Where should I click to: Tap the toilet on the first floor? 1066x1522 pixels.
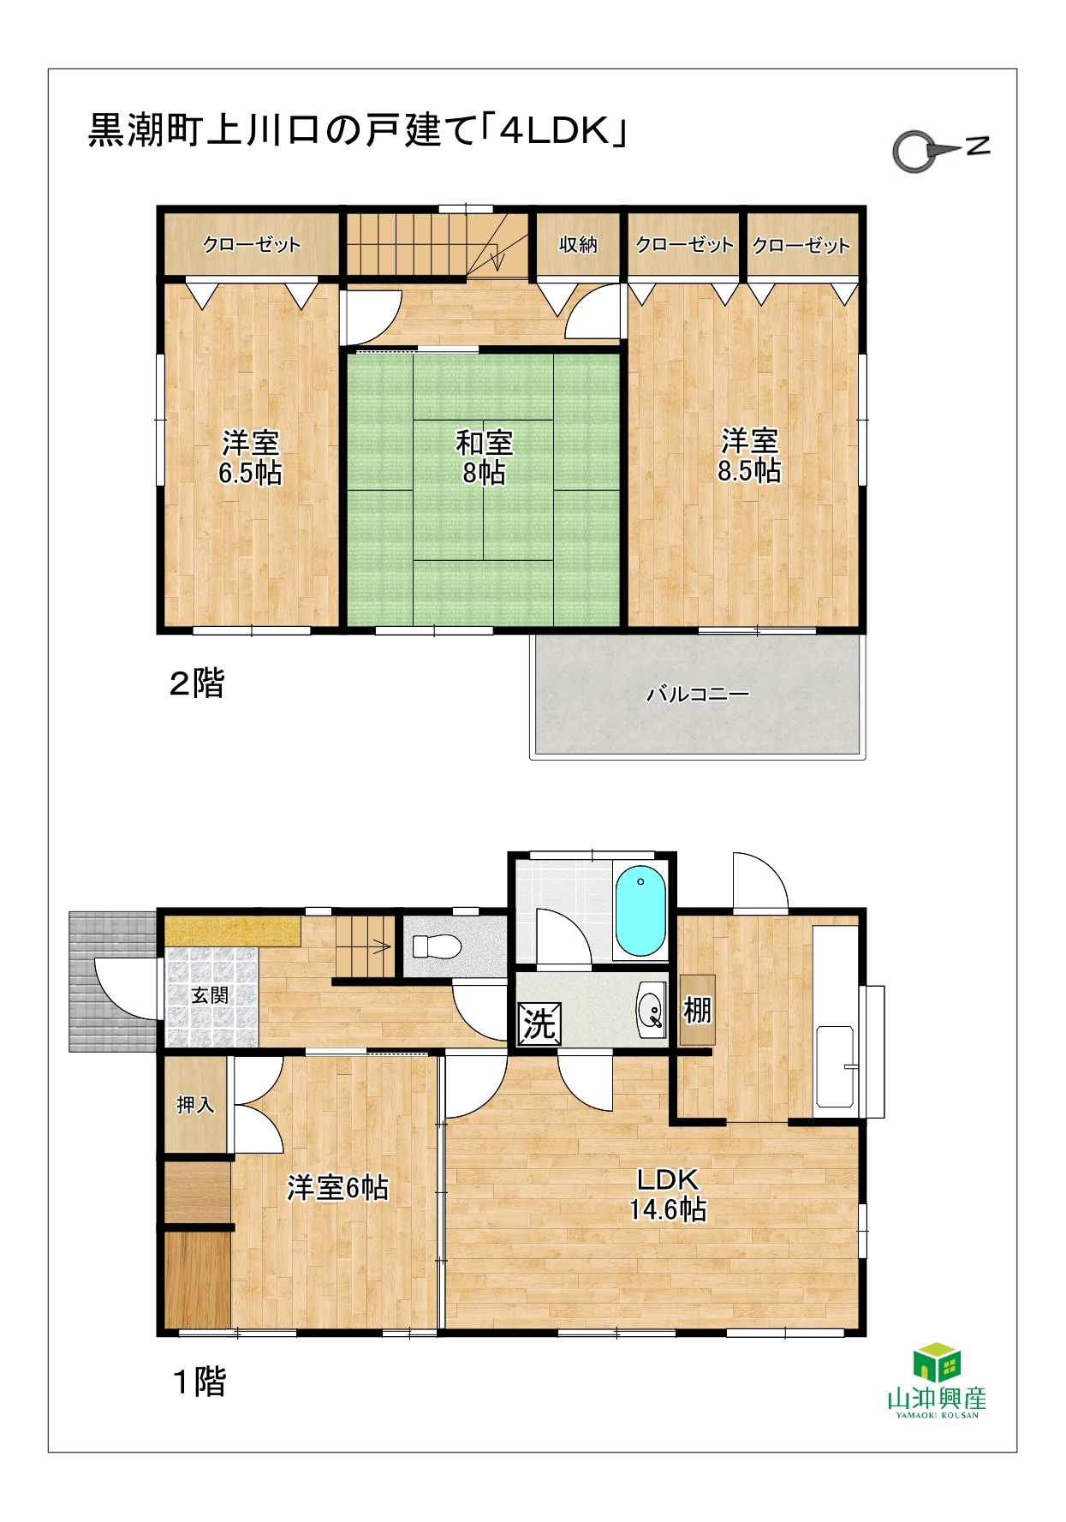(x=437, y=946)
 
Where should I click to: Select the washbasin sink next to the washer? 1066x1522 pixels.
(x=652, y=1011)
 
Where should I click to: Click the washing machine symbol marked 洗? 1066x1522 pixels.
(x=539, y=1024)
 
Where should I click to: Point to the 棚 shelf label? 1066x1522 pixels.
(x=697, y=1011)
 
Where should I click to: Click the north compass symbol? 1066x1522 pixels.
(x=940, y=150)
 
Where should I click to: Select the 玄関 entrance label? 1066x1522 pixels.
(x=210, y=995)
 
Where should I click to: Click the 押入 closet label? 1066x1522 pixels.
(x=195, y=1105)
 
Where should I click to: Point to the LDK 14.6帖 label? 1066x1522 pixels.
(x=668, y=1194)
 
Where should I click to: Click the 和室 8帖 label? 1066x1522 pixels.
(x=484, y=457)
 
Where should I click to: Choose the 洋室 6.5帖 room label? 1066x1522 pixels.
(x=250, y=457)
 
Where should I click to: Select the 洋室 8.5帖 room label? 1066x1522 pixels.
(x=749, y=456)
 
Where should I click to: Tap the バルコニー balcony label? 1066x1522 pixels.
(x=698, y=694)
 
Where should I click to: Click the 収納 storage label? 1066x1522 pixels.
(x=578, y=244)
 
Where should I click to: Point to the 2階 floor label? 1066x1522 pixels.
(x=197, y=683)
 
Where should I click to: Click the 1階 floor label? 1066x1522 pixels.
(x=200, y=1382)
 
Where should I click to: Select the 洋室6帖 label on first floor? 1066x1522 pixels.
(x=337, y=1188)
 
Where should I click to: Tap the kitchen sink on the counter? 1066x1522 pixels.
(x=835, y=1066)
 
